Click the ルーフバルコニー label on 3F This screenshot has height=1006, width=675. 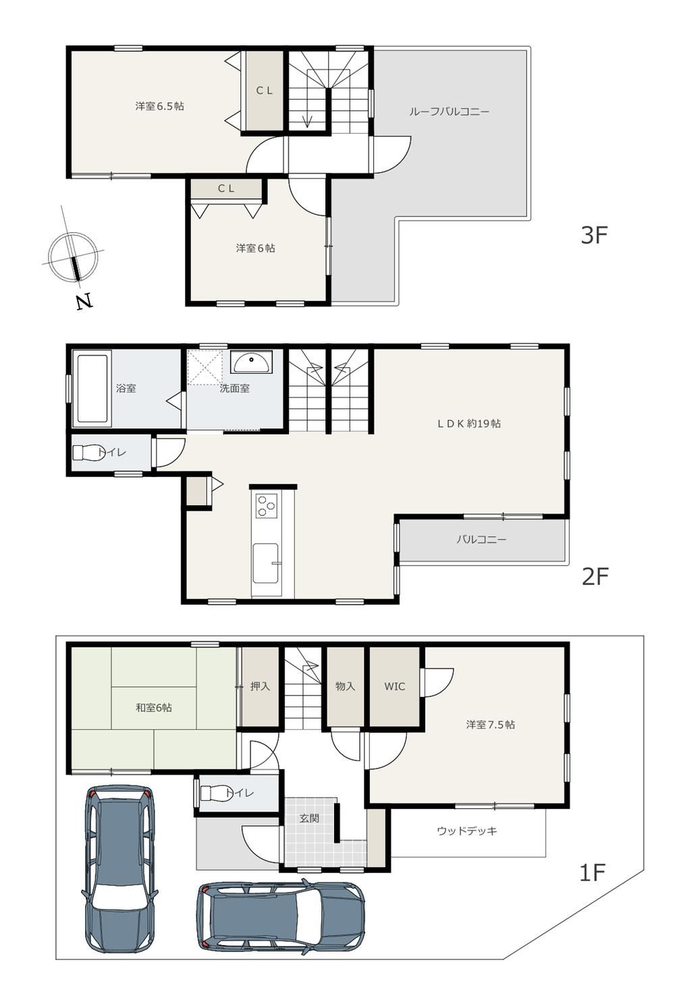[449, 112]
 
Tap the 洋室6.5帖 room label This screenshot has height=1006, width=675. [159, 107]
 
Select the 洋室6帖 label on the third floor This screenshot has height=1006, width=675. [255, 248]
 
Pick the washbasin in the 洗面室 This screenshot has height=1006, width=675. [251, 362]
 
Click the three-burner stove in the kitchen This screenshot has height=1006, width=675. [266, 505]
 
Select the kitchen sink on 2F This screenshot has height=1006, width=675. [265, 569]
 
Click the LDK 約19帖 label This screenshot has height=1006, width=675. [468, 423]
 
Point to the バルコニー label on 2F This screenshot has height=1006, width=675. [481, 539]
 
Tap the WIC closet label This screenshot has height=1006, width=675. [395, 686]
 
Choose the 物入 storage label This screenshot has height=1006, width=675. [345, 686]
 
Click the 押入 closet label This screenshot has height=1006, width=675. [260, 686]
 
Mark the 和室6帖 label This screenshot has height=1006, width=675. [154, 707]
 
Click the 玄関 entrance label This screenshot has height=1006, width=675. [310, 818]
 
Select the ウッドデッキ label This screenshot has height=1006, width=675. [467, 831]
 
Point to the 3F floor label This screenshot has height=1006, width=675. [594, 235]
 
